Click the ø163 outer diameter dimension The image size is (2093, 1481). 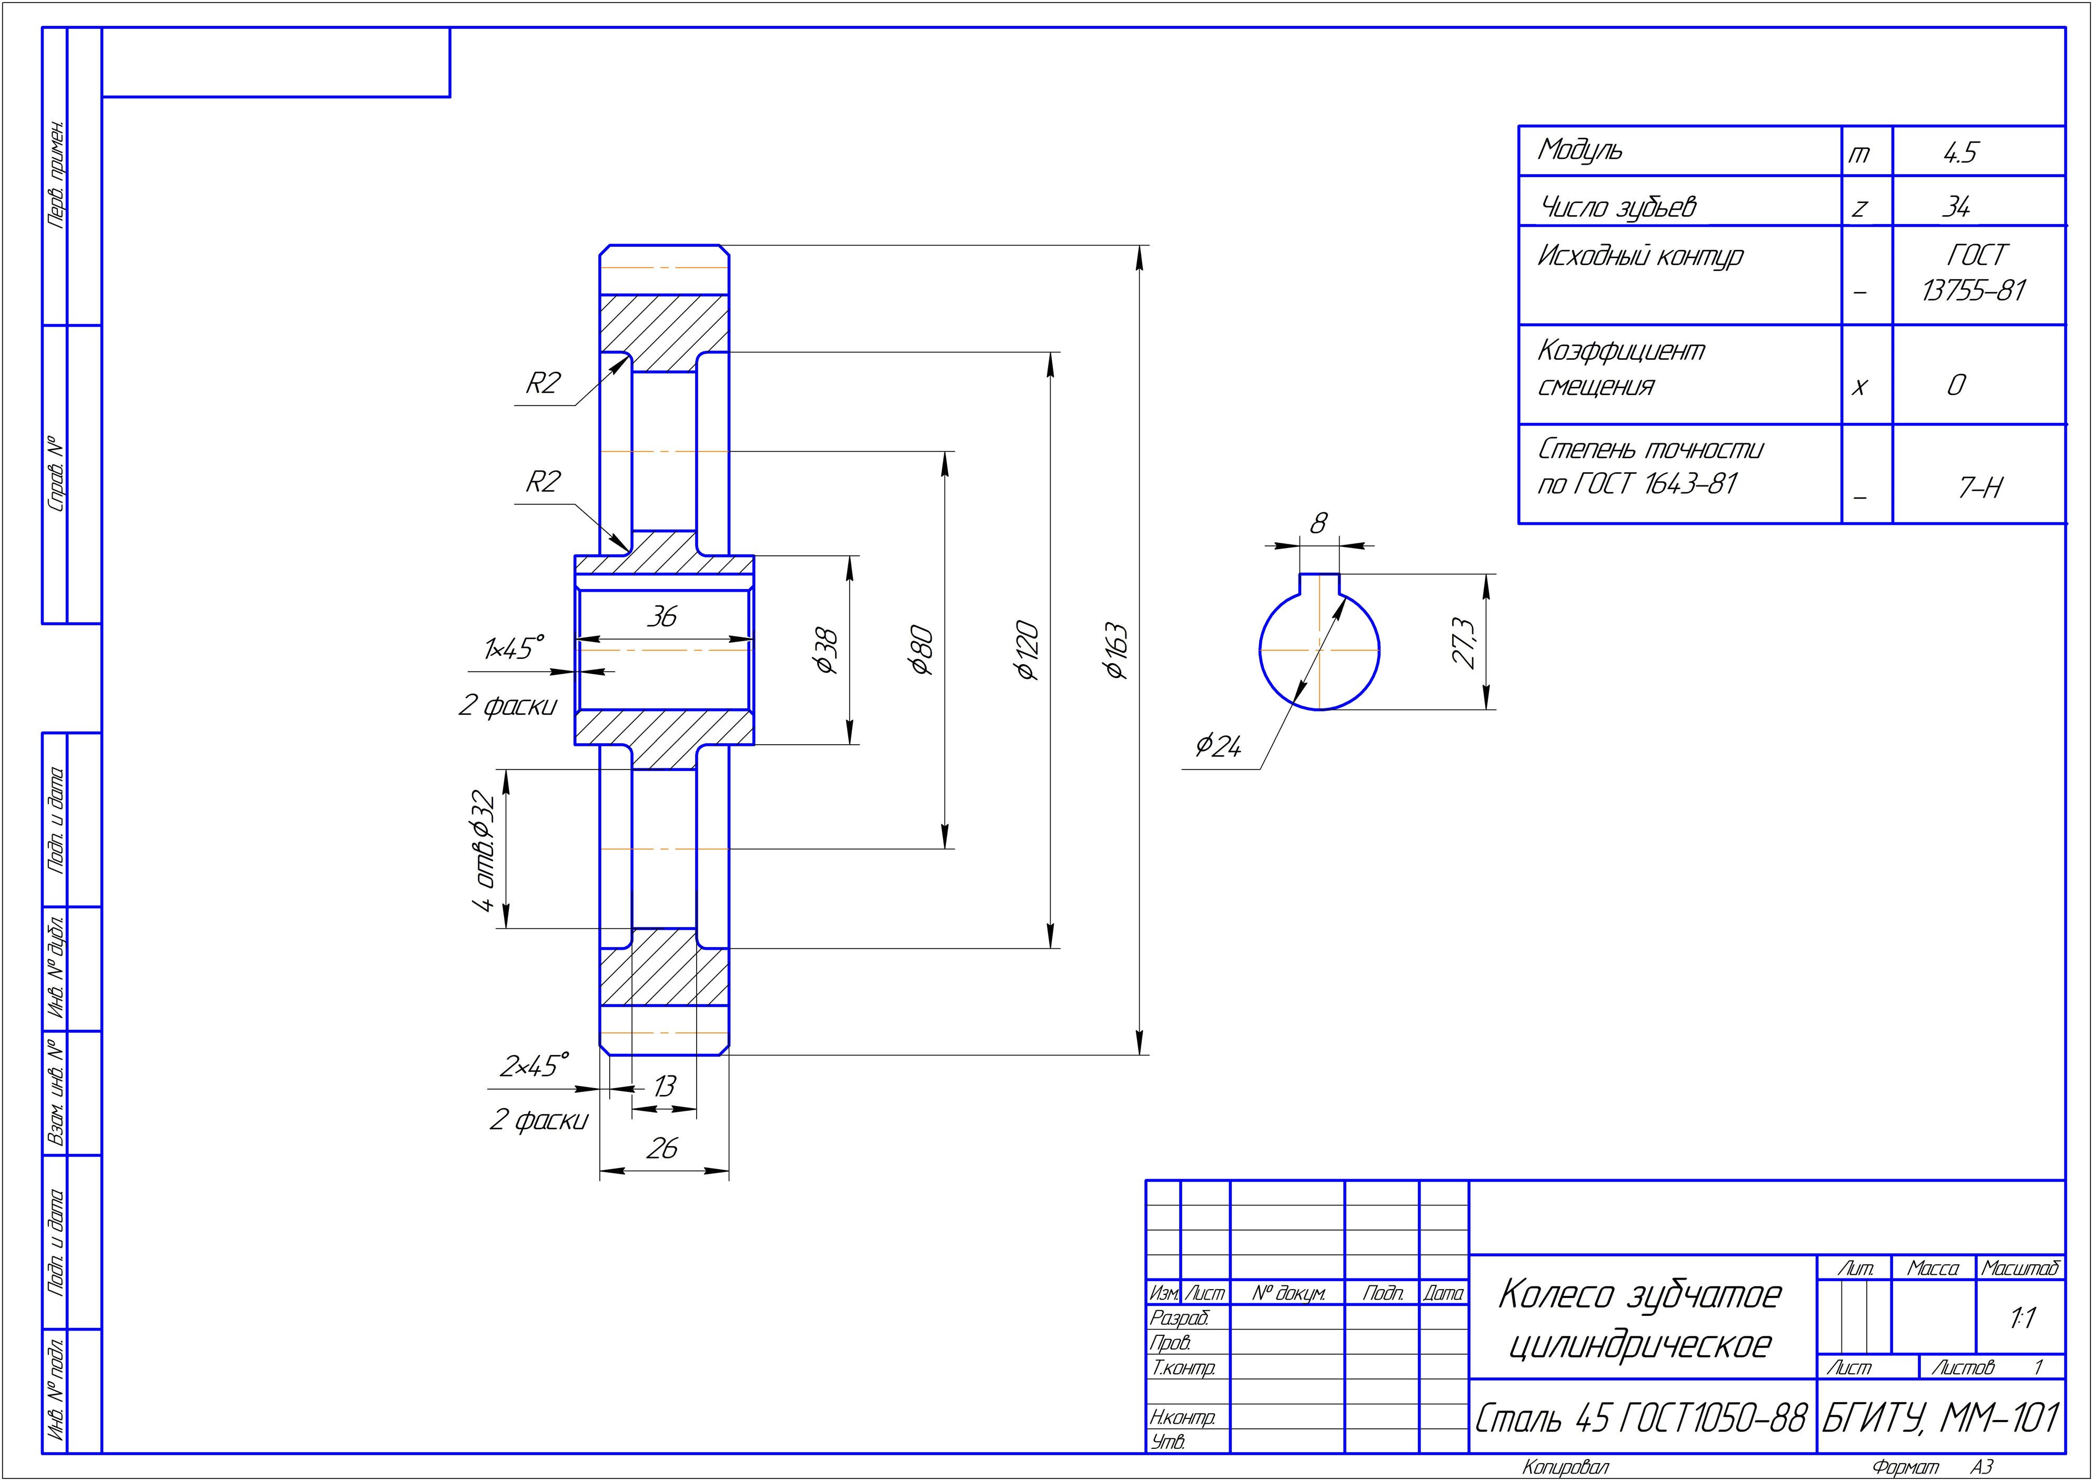tap(1116, 651)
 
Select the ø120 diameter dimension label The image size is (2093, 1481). tap(1028, 651)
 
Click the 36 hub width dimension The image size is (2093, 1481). tap(662, 617)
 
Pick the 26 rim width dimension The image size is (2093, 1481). tap(662, 1148)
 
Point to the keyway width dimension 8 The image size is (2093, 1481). tap(1319, 523)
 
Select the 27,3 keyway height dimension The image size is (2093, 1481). tap(1463, 642)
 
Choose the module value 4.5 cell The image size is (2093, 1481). tap(1960, 153)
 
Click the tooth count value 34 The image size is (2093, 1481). tap(1955, 208)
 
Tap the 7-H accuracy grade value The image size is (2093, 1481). tap(1980, 489)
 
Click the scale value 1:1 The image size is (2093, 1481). tap(2022, 1318)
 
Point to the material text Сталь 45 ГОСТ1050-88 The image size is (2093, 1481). tap(1641, 1418)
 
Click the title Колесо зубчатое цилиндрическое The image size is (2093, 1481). tap(1639, 1320)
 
